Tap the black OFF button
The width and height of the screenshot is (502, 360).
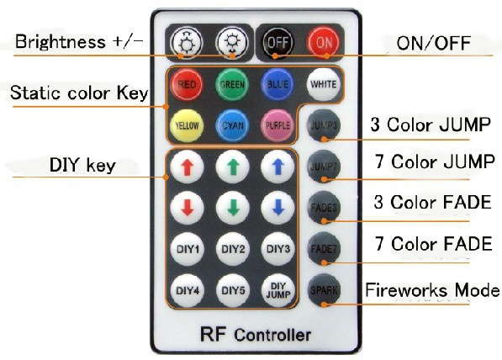pos(277,43)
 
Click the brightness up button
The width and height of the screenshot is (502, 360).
pos(187,43)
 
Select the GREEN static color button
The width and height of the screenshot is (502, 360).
pos(232,84)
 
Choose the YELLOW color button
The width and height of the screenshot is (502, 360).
pos(187,125)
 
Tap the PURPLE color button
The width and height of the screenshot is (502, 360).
pos(277,125)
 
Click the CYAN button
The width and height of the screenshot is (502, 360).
pos(232,125)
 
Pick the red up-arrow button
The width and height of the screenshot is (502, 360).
pos(187,167)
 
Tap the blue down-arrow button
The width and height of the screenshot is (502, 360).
pos(277,208)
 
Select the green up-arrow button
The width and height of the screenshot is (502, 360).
pos(232,167)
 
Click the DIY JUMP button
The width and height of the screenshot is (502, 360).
pos(277,290)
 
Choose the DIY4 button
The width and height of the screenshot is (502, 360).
pos(188,290)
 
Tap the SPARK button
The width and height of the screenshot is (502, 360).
pos(324,290)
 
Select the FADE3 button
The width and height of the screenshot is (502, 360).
pos(324,208)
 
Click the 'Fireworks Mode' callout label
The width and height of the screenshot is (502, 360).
pos(432,290)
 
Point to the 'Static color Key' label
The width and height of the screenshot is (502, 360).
pos(79,93)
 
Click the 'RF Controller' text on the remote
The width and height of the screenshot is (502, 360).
pos(256,335)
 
